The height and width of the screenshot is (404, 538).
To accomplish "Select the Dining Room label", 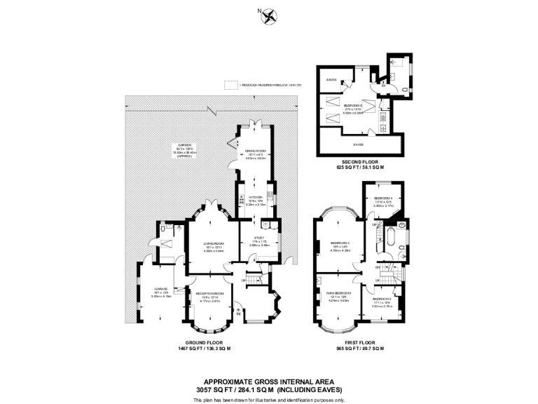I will (x=254, y=150).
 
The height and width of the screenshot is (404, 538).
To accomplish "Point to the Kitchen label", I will (x=254, y=198).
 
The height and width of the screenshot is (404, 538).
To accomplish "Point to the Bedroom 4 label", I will (x=382, y=198).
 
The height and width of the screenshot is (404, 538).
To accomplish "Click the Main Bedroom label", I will (x=339, y=292).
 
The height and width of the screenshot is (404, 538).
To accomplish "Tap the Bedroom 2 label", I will (x=382, y=298).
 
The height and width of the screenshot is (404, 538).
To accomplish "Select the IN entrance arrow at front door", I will (x=240, y=314).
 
